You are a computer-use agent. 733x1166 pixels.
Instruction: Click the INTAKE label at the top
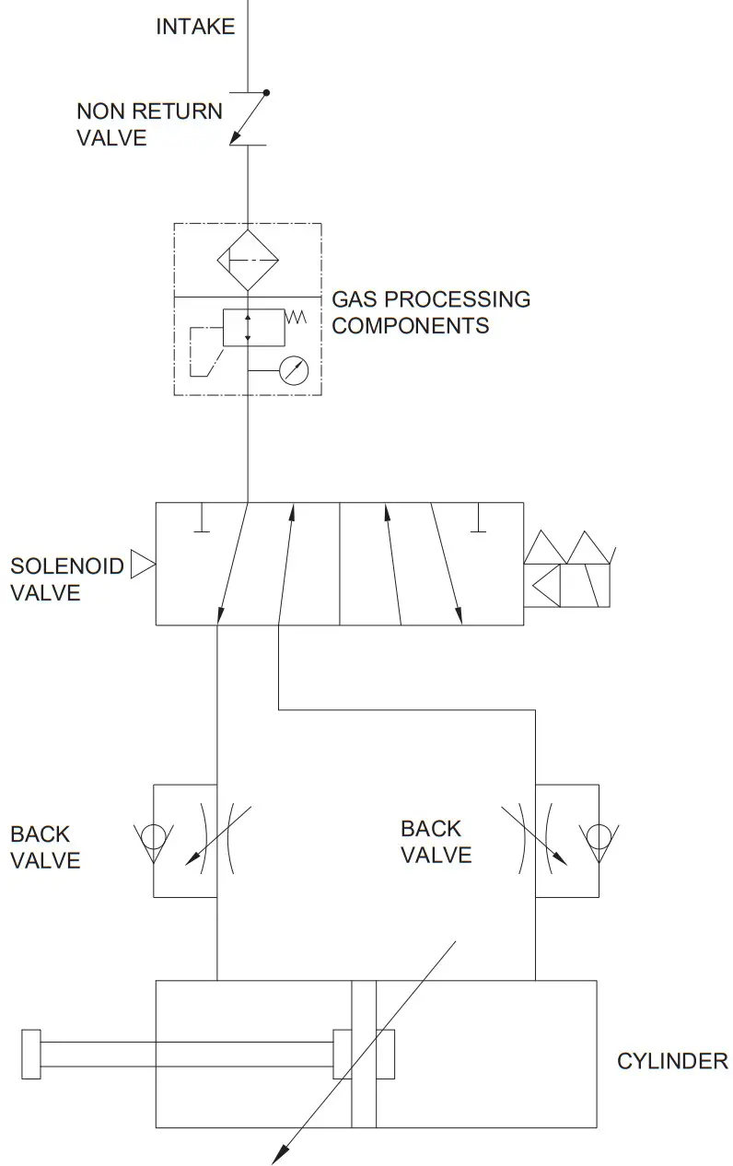pos(195,27)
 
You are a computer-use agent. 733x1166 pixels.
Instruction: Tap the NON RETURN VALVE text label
pos(149,124)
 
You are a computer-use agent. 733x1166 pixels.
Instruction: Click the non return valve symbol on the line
pos(248,118)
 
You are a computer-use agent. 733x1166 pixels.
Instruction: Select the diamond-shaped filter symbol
pos(248,261)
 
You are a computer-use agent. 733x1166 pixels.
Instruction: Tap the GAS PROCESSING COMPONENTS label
pos(430,312)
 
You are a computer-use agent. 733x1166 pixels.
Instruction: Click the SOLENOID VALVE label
pos(66,578)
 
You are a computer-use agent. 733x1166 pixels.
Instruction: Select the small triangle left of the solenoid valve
pos(143,565)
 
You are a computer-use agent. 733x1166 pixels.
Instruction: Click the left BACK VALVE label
pos(45,847)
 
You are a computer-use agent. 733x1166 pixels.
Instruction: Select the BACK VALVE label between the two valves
pos(436,842)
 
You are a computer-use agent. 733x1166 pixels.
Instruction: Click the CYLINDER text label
pos(671,1061)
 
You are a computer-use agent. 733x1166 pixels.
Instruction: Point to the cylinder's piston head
pos(364,1054)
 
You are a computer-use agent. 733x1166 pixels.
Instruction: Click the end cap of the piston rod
pos(30,1054)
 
